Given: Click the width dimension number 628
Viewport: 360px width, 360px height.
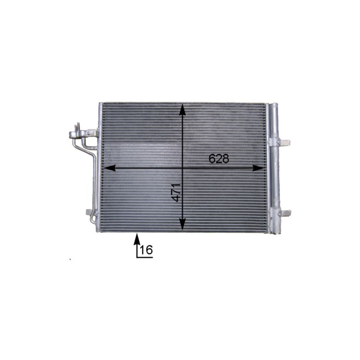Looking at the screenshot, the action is coord(219,158).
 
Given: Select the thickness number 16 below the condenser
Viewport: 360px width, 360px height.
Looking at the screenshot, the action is coord(146,250).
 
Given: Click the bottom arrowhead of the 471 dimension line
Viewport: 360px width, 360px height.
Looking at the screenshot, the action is coord(182,224).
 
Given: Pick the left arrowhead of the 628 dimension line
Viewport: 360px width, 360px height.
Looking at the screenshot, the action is coord(109,168).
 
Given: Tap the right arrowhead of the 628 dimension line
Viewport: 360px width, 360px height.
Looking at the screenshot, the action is coord(258,168).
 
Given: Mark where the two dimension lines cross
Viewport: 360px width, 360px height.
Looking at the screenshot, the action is coord(182,168).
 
